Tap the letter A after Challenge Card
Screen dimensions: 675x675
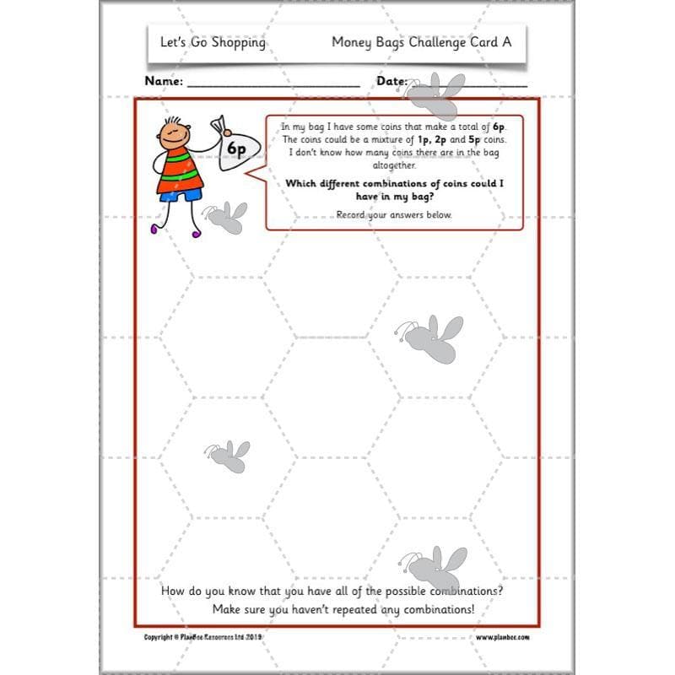[506, 41]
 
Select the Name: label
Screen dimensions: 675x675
[164, 82]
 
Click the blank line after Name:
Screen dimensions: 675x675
[273, 84]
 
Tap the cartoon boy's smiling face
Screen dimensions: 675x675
[173, 132]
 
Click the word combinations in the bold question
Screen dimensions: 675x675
[407, 183]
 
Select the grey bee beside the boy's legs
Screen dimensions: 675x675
[227, 218]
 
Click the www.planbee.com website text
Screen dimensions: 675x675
[500, 637]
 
